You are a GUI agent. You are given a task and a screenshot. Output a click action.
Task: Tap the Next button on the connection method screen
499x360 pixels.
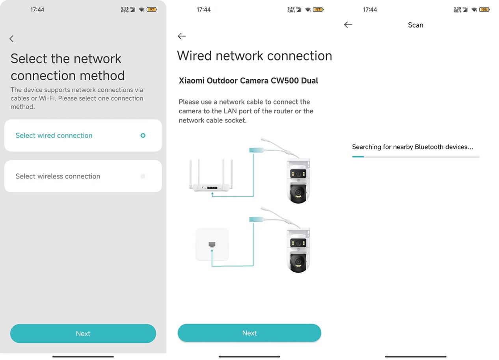(83, 333)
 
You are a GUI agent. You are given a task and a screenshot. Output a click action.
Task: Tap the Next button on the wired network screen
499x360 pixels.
(249, 333)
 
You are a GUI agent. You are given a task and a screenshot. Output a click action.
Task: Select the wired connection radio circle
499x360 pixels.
(143, 135)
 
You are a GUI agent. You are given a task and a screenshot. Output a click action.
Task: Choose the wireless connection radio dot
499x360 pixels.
(143, 176)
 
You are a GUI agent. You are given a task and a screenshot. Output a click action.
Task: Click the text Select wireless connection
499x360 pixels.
(58, 176)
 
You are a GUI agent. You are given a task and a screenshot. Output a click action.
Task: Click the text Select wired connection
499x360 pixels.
(54, 135)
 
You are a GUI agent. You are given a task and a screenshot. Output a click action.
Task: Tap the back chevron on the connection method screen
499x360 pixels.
(11, 39)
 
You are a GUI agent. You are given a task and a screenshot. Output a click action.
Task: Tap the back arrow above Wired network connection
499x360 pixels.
(182, 36)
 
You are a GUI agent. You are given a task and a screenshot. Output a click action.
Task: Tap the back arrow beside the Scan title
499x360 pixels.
(348, 25)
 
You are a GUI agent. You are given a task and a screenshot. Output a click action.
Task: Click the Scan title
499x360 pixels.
(415, 25)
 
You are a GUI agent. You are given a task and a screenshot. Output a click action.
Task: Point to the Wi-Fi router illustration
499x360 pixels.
(211, 175)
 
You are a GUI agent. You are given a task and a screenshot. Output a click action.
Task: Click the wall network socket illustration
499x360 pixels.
(212, 245)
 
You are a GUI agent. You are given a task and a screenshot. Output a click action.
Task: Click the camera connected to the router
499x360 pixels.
(298, 181)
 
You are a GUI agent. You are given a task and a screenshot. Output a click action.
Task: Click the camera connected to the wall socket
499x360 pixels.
(298, 250)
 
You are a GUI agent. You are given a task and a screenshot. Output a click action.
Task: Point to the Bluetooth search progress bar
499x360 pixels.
(416, 157)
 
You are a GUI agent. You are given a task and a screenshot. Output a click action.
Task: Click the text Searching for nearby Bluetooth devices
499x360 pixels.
(413, 147)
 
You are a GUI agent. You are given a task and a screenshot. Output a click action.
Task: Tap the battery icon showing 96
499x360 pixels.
(485, 9)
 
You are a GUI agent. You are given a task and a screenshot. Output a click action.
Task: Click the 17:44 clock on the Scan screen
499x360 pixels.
(370, 9)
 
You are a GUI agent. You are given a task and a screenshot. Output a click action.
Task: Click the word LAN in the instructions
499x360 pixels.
(230, 111)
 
